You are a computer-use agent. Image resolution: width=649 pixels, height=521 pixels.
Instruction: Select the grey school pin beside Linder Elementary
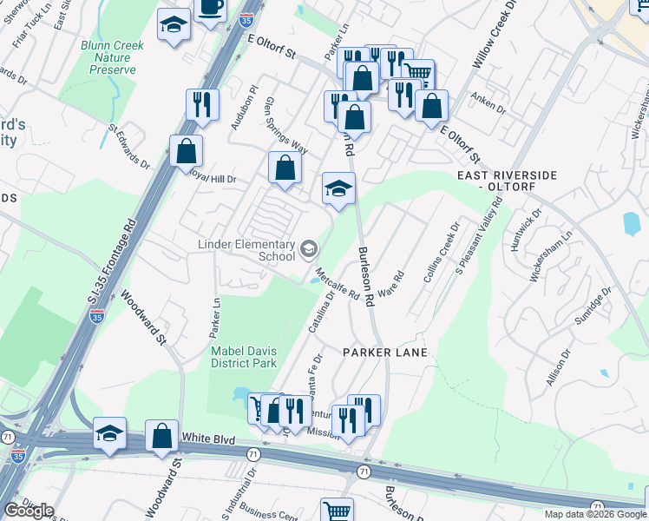coord(308,250)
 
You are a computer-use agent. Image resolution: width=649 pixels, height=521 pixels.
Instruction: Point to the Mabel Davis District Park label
coord(245,357)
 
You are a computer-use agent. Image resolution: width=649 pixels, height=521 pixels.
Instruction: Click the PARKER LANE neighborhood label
coord(385,353)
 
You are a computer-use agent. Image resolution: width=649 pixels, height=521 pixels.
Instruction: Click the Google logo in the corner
coord(29,511)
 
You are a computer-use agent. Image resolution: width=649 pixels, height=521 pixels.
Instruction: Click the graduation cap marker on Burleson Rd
coord(338,188)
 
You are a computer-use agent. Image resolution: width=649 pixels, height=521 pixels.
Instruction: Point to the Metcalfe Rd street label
coord(338,284)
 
